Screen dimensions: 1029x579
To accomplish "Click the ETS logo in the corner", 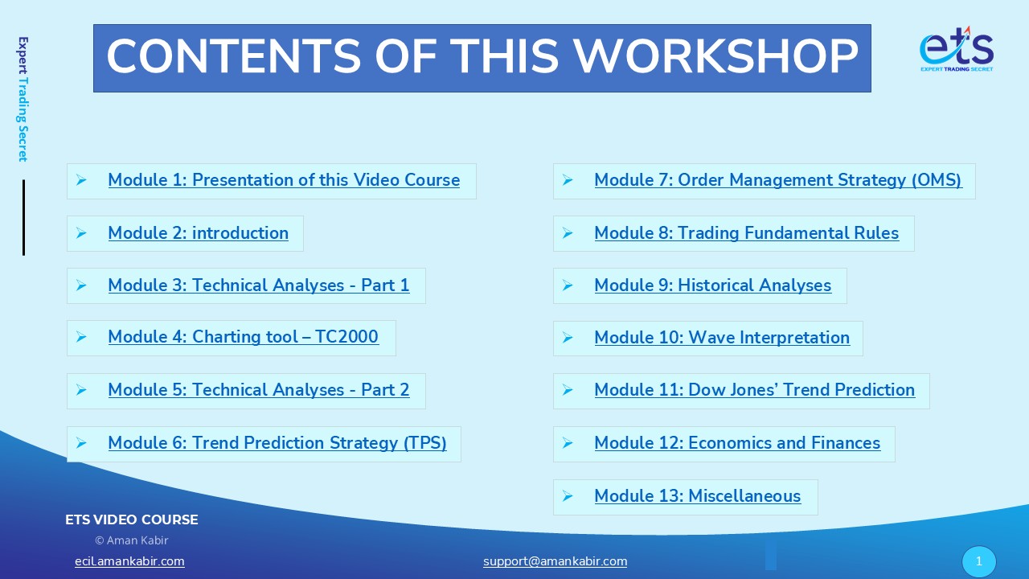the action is pyautogui.click(x=957, y=49).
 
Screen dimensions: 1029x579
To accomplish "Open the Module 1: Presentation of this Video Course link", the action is pyautogui.click(x=284, y=180).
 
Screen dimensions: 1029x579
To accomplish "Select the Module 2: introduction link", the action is pyautogui.click(x=199, y=233).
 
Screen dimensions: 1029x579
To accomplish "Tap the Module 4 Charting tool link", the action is pyautogui.click(x=244, y=337).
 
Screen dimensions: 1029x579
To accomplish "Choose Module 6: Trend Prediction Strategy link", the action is pyautogui.click(x=277, y=443).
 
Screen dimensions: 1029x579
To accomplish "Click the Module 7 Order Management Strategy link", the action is pyautogui.click(x=778, y=180).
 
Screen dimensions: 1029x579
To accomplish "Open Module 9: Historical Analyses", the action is pyautogui.click(x=713, y=285).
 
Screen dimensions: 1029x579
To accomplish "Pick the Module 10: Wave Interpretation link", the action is pyautogui.click(x=722, y=338).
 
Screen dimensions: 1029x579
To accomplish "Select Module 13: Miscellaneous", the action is pyautogui.click(x=698, y=496).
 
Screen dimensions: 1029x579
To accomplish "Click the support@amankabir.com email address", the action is pyautogui.click(x=555, y=561).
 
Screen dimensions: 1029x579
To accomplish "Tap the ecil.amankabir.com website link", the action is pyautogui.click(x=129, y=561).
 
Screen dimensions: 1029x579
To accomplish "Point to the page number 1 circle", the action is pyautogui.click(x=979, y=561).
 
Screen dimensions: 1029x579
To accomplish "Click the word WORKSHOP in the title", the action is pyautogui.click(x=715, y=56).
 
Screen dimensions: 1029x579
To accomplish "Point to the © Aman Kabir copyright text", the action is pyautogui.click(x=131, y=540).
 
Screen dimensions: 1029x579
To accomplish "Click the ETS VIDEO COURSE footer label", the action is pyautogui.click(x=131, y=519).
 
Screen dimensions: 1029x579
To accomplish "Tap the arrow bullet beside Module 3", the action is pyautogui.click(x=81, y=285).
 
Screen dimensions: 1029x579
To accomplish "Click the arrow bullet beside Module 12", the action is pyautogui.click(x=568, y=443).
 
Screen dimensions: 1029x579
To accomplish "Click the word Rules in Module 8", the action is pyautogui.click(x=876, y=233).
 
